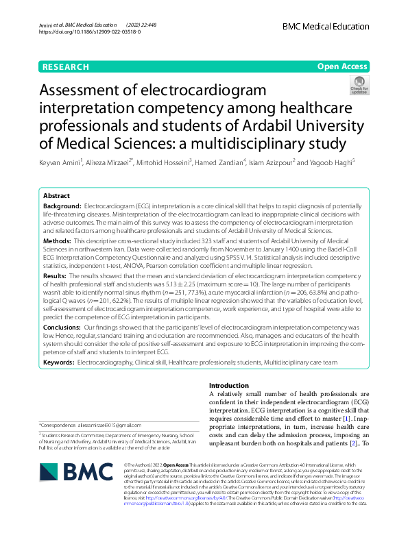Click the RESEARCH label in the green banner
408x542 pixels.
pos(65,66)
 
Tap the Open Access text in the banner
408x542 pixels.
pos(341,66)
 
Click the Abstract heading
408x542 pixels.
pos(56,195)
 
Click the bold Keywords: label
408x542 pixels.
pos(59,361)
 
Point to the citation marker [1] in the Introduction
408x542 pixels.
pos(348,417)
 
